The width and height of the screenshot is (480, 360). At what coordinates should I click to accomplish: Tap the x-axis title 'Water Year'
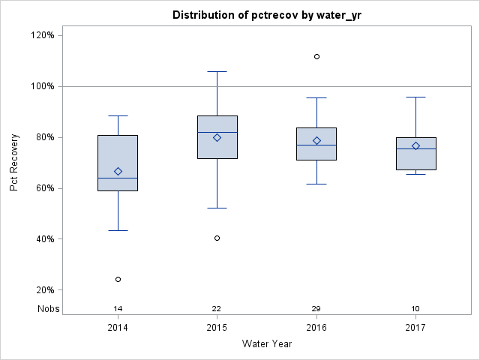(x=267, y=344)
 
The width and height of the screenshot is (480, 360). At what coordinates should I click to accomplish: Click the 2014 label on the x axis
(x=118, y=328)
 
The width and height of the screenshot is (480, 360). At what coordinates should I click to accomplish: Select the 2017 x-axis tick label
(x=415, y=328)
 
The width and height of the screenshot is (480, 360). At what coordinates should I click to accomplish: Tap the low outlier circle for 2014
(x=118, y=279)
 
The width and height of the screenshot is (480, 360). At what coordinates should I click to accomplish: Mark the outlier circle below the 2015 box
(x=217, y=238)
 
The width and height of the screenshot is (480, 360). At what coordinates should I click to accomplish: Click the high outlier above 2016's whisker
(x=316, y=56)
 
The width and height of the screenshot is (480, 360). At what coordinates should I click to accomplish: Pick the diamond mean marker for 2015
(x=217, y=137)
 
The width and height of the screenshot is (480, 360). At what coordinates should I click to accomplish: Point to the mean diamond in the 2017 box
(x=415, y=145)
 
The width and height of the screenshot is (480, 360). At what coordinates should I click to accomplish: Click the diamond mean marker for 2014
(x=118, y=171)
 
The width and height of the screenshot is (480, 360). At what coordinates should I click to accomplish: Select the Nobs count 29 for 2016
(x=316, y=309)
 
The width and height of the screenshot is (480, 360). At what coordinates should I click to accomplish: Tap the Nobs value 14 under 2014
(x=118, y=309)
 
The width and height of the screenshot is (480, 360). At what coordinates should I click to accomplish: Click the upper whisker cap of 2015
(x=217, y=71)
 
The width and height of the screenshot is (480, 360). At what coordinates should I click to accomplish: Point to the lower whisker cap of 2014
(x=118, y=230)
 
